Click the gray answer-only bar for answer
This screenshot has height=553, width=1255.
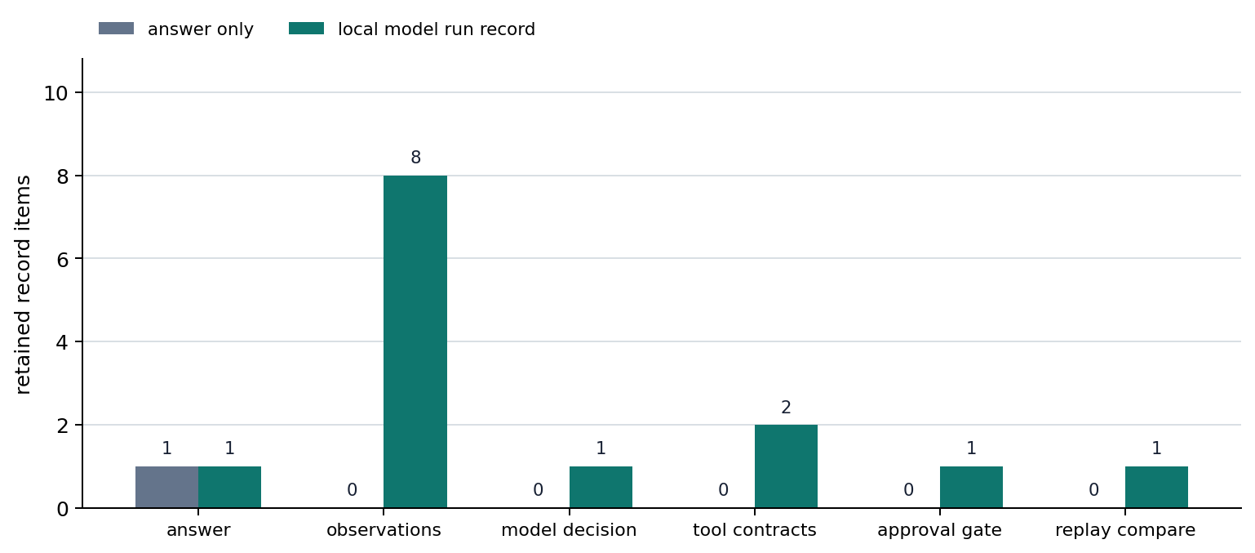pyautogui.click(x=167, y=487)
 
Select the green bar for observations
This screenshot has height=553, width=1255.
pyautogui.click(x=415, y=341)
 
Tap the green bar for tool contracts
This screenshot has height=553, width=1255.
pyautogui.click(x=786, y=466)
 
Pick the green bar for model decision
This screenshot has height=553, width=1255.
pyautogui.click(x=601, y=487)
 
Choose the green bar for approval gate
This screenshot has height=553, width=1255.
pyautogui.click(x=972, y=487)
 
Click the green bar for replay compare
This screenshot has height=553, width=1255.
pyautogui.click(x=1156, y=487)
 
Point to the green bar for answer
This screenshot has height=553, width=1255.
pyautogui.click(x=230, y=487)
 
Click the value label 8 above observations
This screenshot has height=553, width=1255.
pyautogui.click(x=415, y=157)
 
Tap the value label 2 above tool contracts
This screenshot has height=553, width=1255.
pyautogui.click(x=786, y=407)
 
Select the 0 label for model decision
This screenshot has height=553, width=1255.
pyautogui.click(x=538, y=489)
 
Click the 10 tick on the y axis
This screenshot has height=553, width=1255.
pyautogui.click(x=56, y=93)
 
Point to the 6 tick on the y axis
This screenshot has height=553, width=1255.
pyautogui.click(x=63, y=259)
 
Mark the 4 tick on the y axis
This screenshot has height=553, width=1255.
pyautogui.click(x=63, y=342)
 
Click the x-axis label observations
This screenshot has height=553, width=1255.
pyautogui.click(x=384, y=530)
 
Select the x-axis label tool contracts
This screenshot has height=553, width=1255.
pyautogui.click(x=755, y=530)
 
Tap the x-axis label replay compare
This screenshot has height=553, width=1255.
pyautogui.click(x=1125, y=530)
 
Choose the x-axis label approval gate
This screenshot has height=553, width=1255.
pyautogui.click(x=939, y=530)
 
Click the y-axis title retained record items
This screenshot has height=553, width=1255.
pyautogui.click(x=22, y=285)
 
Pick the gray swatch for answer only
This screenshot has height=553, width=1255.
pyautogui.click(x=116, y=29)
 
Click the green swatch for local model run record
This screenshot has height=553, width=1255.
pyautogui.click(x=307, y=29)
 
